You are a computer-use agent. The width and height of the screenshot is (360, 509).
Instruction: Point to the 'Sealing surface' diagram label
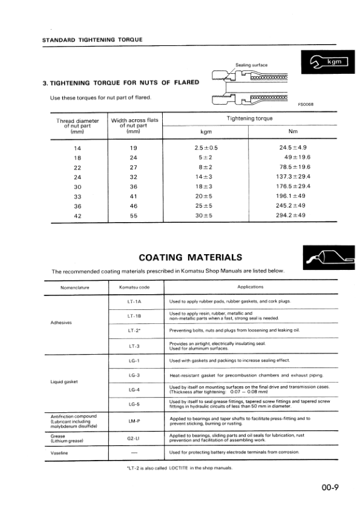251,65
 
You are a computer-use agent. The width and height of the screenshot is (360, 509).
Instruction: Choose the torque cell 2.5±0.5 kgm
206,147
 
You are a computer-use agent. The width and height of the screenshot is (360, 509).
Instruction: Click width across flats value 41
134,195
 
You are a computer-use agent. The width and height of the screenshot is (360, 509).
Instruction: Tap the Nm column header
293,131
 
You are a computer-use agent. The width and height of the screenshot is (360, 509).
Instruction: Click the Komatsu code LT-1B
134,316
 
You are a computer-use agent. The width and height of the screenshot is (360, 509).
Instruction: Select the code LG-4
134,389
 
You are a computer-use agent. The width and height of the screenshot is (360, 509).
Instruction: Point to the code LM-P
134,421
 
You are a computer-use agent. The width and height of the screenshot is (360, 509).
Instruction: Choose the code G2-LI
134,438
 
